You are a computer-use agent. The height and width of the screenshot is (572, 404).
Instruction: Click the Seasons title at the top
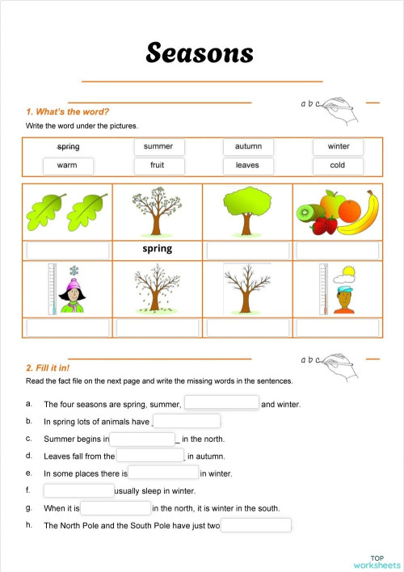click(x=200, y=53)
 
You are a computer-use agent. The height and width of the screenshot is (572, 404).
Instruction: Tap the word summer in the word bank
click(x=158, y=146)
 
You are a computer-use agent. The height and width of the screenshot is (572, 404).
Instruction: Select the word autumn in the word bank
click(x=248, y=146)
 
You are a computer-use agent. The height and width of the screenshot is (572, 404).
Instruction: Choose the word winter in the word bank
click(x=338, y=146)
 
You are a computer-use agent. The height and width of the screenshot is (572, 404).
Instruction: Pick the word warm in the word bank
click(x=67, y=166)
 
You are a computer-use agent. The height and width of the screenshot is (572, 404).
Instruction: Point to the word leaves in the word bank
click(x=247, y=166)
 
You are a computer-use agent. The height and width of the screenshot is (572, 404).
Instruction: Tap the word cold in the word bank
click(x=338, y=166)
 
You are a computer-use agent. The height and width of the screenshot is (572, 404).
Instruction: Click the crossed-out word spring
click(x=68, y=147)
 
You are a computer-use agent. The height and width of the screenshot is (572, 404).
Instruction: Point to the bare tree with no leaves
click(x=247, y=288)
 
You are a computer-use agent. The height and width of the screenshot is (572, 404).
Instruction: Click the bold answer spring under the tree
click(x=157, y=249)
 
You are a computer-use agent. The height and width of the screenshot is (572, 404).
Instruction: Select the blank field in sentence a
click(x=221, y=402)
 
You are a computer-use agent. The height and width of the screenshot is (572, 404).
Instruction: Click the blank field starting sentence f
click(x=79, y=490)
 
